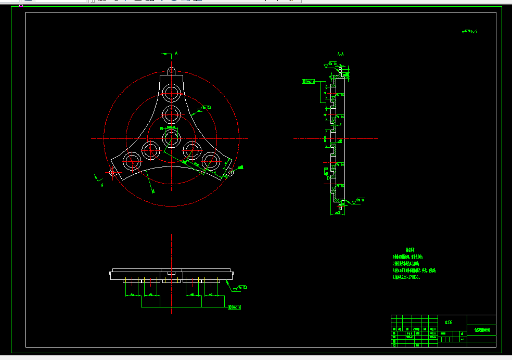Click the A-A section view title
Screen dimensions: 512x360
tap(340, 54)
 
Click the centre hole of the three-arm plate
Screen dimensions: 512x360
tap(171, 138)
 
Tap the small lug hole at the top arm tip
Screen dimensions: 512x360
tap(171, 71)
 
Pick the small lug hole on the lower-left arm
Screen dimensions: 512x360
tap(112, 172)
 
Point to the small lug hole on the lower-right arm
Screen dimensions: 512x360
tap(230, 172)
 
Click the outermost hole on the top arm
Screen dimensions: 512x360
tap(171, 93)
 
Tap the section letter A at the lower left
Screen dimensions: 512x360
tap(101, 184)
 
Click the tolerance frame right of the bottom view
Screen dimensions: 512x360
tap(235, 307)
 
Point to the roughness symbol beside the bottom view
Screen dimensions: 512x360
tap(241, 287)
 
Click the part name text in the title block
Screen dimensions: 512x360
tap(481, 330)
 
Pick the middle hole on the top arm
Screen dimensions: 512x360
tap(171, 112)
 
